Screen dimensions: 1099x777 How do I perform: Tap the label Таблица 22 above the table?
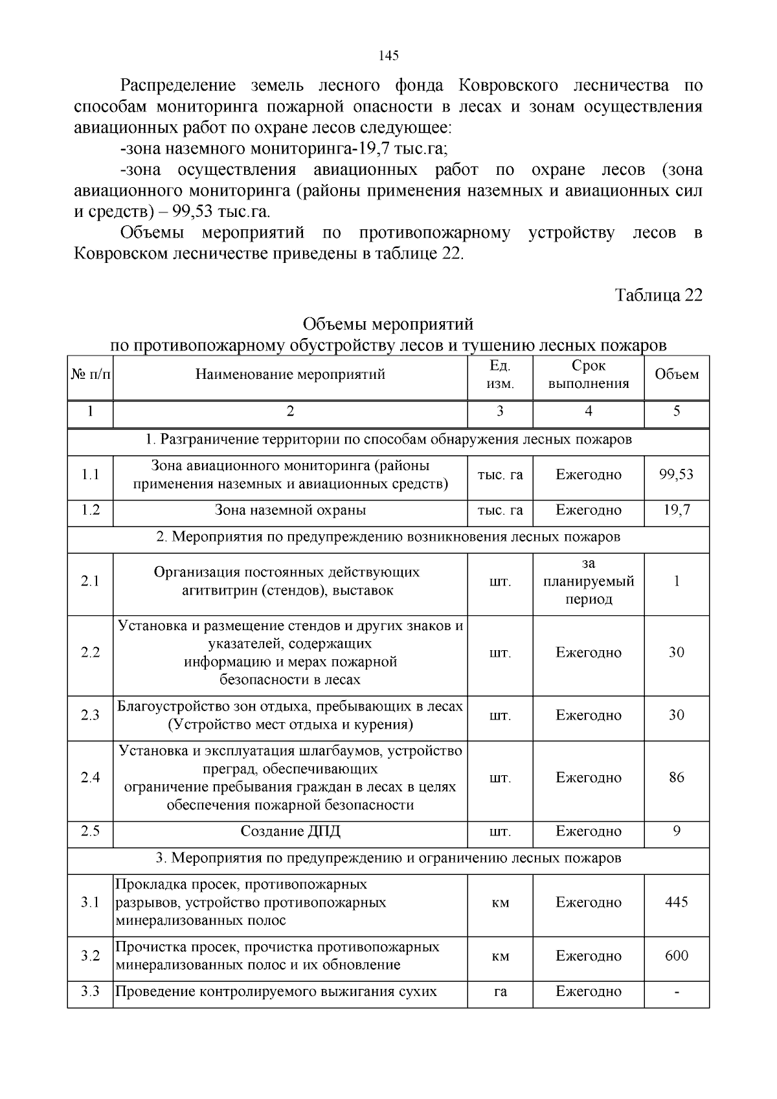[x=659, y=295]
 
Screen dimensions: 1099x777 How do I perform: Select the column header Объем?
[x=677, y=375]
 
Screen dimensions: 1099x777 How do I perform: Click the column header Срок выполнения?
[x=589, y=375]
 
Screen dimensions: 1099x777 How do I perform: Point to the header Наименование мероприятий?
[x=290, y=375]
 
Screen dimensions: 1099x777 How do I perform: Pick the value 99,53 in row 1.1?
[x=677, y=475]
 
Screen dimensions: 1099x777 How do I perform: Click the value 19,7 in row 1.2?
[x=677, y=510]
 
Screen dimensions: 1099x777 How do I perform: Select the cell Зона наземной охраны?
[x=290, y=510]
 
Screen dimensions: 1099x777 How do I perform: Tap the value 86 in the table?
[x=677, y=778]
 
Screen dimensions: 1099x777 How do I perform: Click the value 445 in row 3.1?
[x=677, y=902]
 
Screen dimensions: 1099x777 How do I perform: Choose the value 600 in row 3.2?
[x=677, y=956]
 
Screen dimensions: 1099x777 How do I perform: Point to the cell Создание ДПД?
[x=290, y=832]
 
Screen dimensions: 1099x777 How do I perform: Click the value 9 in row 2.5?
[x=677, y=831]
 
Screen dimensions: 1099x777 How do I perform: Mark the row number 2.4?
[x=90, y=778]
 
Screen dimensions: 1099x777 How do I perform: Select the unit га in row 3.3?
[x=500, y=991]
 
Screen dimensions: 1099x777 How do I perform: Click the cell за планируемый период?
[x=589, y=582]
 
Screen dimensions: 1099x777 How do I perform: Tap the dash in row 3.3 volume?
[x=677, y=992]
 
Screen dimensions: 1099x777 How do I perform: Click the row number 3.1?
[x=90, y=902]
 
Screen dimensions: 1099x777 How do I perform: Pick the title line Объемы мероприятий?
[x=388, y=324]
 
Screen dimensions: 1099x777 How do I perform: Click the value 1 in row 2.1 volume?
[x=677, y=582]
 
